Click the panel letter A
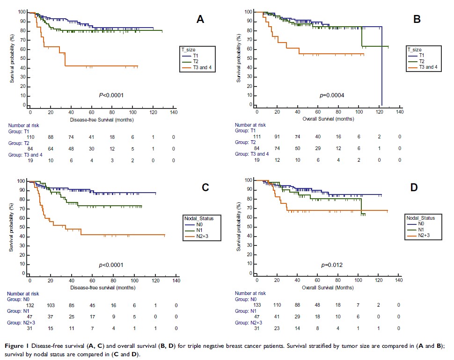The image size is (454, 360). pyautogui.click(x=200, y=19)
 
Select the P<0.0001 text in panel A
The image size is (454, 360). pyautogui.click(x=110, y=95)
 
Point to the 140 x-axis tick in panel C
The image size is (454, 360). pyautogui.click(x=176, y=281)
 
